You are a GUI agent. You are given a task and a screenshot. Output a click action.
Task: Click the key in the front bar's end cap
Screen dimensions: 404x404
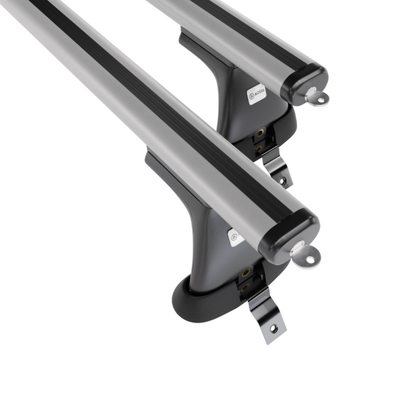coord(305,252)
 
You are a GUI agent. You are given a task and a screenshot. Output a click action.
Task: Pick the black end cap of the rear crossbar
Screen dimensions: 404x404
coord(304,82)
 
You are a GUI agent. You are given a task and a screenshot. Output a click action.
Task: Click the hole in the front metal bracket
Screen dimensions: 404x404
coord(273,328)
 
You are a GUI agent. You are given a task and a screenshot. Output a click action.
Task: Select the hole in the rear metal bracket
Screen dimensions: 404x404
coord(283,180)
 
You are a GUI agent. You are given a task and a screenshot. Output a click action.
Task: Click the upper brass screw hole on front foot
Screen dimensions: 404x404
coord(246,273)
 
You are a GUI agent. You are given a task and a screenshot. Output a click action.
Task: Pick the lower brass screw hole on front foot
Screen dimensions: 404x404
coord(244,286)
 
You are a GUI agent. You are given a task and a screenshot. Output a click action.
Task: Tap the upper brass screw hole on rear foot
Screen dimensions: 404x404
coord(259,133)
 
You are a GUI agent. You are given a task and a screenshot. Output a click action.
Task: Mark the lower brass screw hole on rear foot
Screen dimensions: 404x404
coord(259,144)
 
